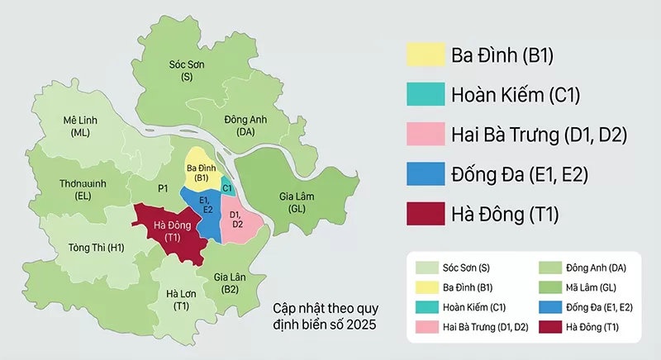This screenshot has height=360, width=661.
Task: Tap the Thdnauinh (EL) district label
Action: click(x=82, y=190)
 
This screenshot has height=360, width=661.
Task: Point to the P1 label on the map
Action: click(x=163, y=189)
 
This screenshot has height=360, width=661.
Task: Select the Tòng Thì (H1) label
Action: click(x=96, y=247)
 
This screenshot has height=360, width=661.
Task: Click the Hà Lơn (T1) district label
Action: click(x=181, y=299)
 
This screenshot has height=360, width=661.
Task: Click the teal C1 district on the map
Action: click(x=227, y=187)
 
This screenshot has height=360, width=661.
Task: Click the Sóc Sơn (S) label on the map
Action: click(x=186, y=69)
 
